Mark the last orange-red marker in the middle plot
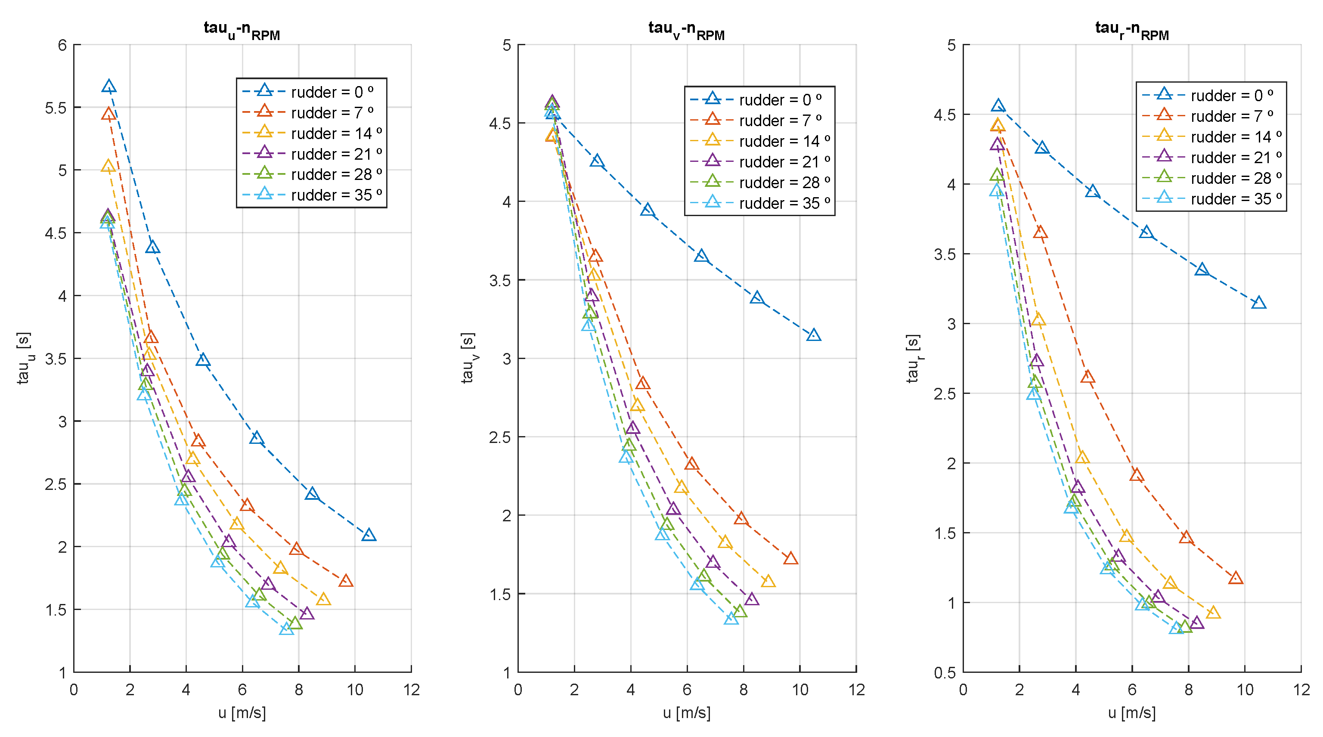(x=791, y=559)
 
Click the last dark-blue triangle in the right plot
(x=1258, y=303)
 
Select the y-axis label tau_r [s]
(x=913, y=358)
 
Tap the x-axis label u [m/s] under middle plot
(x=687, y=712)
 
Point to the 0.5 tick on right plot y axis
(x=945, y=673)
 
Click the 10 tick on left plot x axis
(x=355, y=690)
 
